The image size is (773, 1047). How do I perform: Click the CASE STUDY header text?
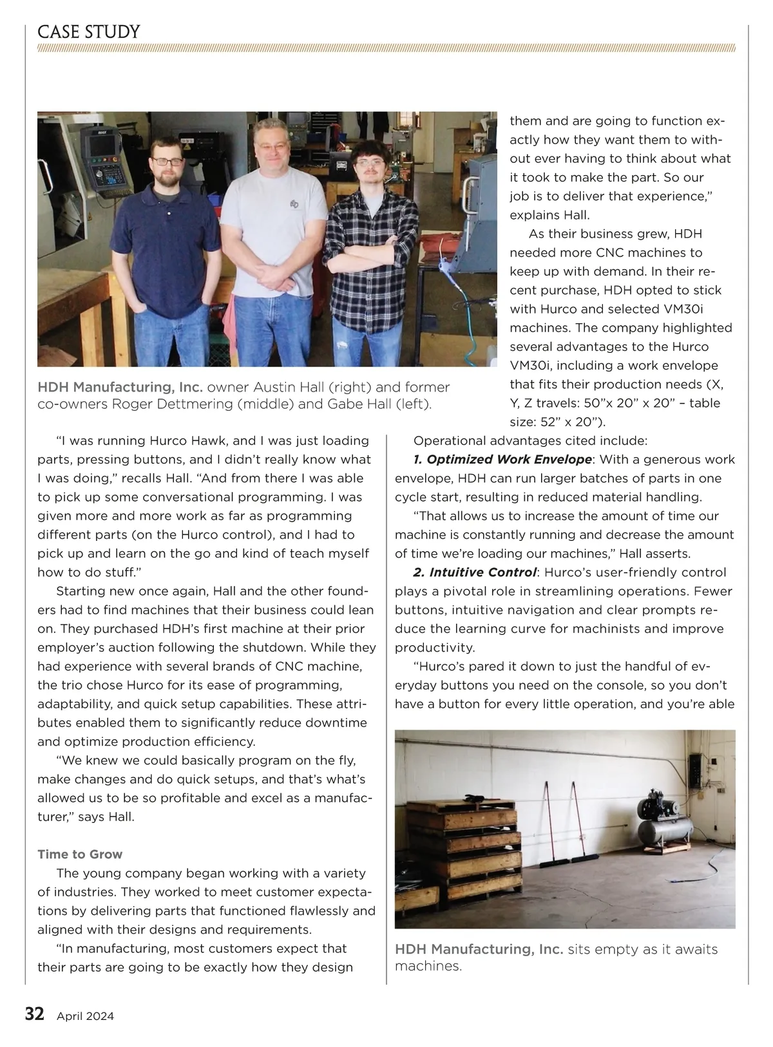[x=89, y=32]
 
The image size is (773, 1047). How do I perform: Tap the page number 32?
[x=34, y=1014]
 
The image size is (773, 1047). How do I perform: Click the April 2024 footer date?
[x=85, y=1016]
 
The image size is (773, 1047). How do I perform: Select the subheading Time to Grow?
[x=80, y=854]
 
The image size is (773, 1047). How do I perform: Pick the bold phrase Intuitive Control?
[x=483, y=572]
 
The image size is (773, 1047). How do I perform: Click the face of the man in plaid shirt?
[x=369, y=165]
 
